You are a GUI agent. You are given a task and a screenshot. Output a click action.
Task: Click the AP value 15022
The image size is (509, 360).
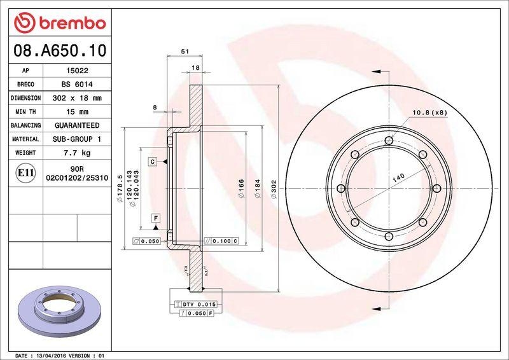76,71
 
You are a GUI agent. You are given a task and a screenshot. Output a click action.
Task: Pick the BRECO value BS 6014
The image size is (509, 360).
76,85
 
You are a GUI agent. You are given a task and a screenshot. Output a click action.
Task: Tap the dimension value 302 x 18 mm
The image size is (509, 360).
76,99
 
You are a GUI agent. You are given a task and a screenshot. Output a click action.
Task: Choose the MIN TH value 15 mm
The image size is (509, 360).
76,112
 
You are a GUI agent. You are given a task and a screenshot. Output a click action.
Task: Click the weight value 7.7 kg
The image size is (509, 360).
76,153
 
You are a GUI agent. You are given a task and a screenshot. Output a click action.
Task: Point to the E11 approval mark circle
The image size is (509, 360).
25,172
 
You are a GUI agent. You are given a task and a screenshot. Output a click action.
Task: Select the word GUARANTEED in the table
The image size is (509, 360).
76,126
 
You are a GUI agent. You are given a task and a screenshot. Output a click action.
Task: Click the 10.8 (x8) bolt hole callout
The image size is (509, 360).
429,113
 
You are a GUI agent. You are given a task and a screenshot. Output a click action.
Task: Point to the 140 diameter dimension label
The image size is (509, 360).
398,179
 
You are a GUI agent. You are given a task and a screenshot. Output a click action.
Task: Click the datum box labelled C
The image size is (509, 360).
153,162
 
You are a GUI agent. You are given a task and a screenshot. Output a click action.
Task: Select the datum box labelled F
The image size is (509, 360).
155,218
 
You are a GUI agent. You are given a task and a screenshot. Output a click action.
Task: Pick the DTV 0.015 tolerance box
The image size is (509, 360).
200,305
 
